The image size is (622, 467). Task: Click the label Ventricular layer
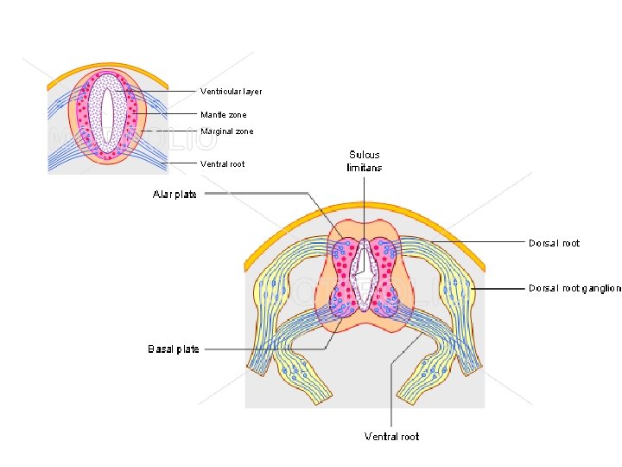point(231,92)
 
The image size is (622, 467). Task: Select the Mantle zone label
point(223,115)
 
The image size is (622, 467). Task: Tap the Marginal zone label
point(227,131)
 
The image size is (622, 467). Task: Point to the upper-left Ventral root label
point(222,164)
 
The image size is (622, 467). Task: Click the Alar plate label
point(175,195)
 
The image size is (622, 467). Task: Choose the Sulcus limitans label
point(365,161)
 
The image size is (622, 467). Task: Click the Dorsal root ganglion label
point(574,288)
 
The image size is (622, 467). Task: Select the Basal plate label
point(174,349)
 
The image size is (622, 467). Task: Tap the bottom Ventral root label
point(391,437)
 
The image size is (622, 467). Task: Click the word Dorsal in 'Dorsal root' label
point(543,243)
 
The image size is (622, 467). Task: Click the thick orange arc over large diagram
point(363,208)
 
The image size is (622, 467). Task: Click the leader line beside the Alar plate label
point(255,194)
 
